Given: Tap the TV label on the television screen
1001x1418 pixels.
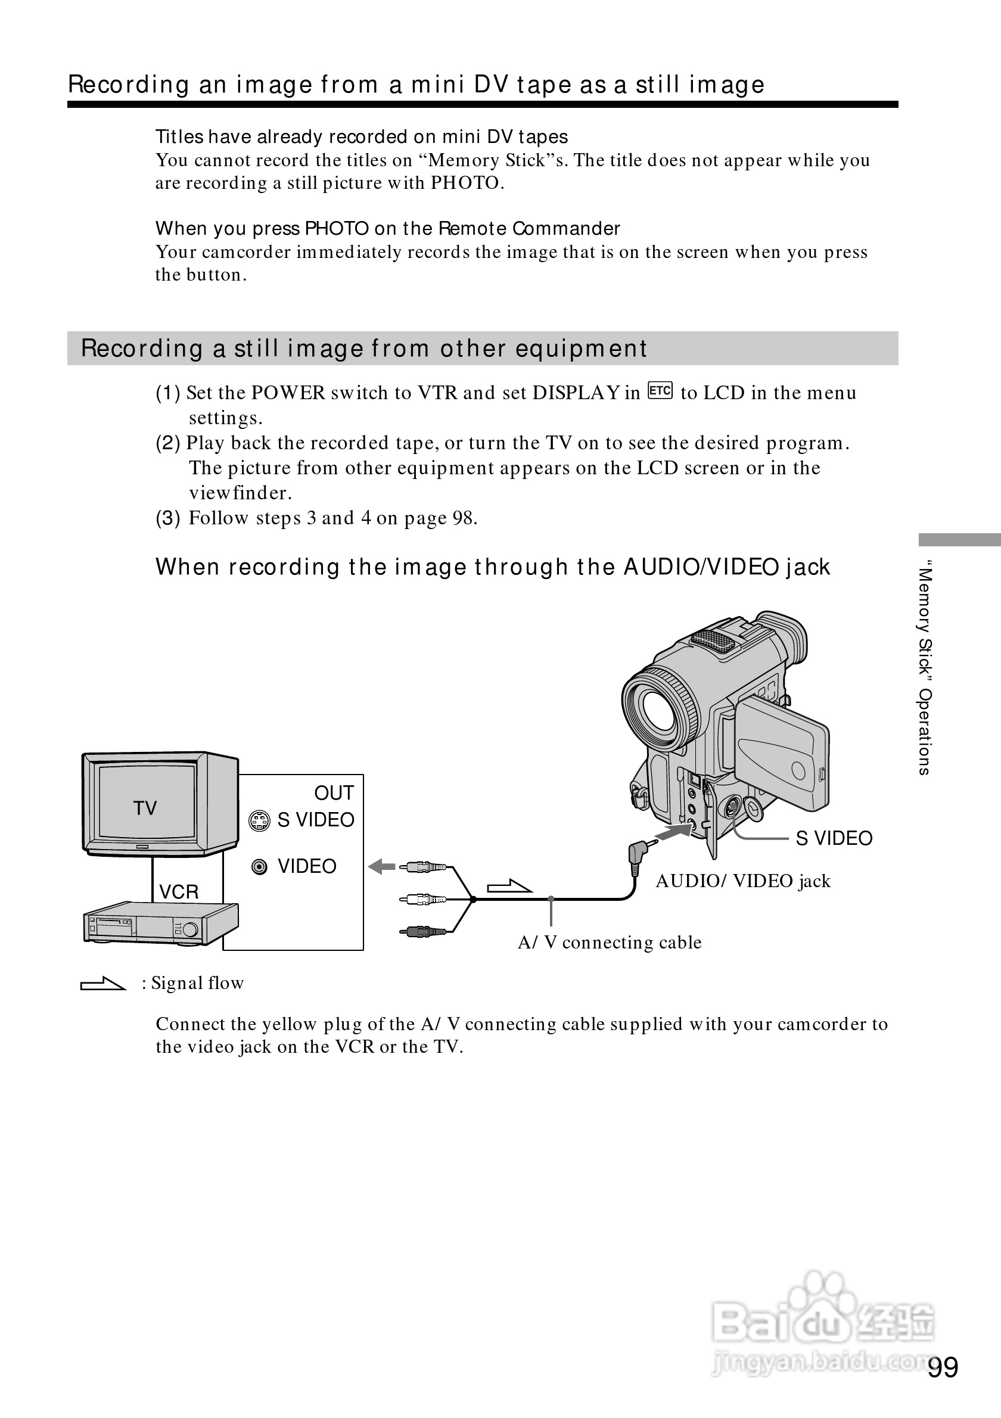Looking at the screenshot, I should [145, 808].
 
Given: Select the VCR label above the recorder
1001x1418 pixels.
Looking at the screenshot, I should [179, 892].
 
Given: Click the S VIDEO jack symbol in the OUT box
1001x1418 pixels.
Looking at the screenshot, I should [259, 820].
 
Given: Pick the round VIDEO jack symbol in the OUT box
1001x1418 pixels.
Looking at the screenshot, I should [260, 867].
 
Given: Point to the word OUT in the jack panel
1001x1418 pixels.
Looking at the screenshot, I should [334, 793].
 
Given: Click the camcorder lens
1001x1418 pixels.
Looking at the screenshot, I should [660, 708].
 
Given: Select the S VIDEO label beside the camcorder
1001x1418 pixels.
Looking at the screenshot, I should [834, 838].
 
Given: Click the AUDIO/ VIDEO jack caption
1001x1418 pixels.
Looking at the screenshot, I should [743, 881].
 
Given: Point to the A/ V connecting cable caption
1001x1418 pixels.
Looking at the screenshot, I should [610, 943].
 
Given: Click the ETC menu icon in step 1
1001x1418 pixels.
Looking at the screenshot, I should [660, 391].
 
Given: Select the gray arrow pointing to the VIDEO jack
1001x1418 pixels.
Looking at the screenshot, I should [381, 867].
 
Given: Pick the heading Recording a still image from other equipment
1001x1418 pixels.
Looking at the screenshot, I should [363, 349].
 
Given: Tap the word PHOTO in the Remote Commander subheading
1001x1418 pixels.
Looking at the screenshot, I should [337, 229].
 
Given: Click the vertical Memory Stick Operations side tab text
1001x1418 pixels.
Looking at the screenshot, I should [924, 667].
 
